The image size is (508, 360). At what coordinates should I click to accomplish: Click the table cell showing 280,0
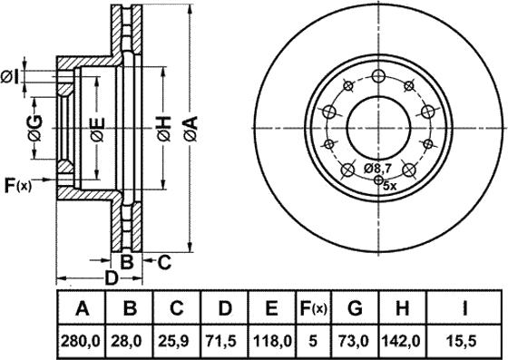tap(81, 341)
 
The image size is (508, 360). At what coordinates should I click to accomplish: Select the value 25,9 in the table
tap(176, 341)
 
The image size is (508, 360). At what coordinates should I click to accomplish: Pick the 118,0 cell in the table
tap(271, 341)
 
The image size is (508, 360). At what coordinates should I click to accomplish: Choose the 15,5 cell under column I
tap(464, 341)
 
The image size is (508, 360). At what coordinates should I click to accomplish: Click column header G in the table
tap(355, 308)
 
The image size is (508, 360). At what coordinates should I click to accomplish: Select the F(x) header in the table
tap(313, 308)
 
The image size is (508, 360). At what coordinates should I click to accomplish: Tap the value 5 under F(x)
tap(313, 341)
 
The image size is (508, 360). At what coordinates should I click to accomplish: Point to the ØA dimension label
tap(190, 129)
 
